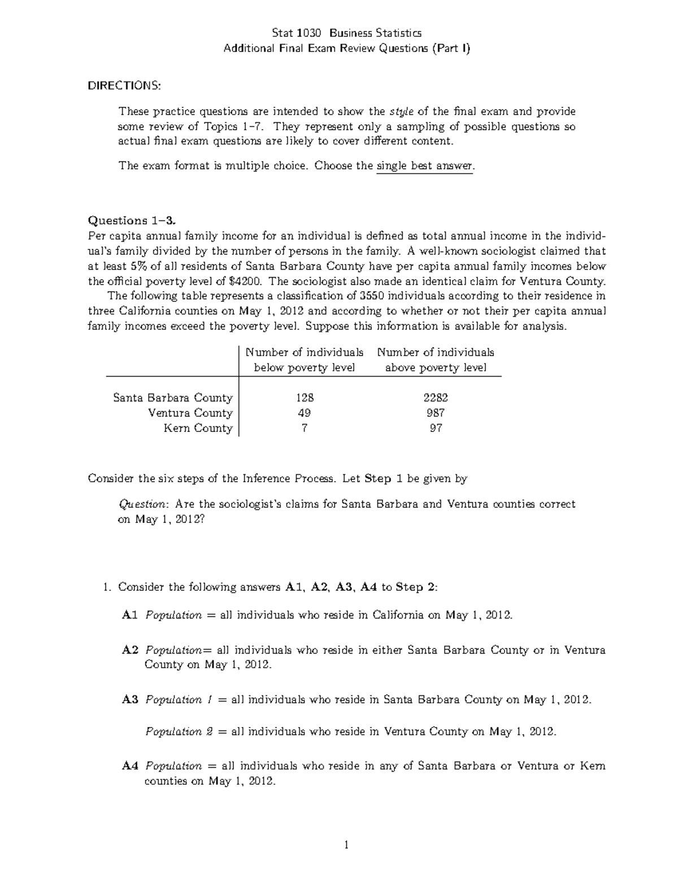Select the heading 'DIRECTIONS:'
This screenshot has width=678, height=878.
pyautogui.click(x=124, y=85)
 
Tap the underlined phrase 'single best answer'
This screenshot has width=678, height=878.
pyautogui.click(x=424, y=166)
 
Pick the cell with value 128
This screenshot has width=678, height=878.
pyautogui.click(x=304, y=398)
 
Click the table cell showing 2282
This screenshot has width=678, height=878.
pyautogui.click(x=436, y=398)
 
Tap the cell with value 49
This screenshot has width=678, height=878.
pyautogui.click(x=304, y=413)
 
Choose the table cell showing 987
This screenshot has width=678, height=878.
pyautogui.click(x=436, y=413)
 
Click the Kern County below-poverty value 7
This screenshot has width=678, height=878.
pyautogui.click(x=305, y=429)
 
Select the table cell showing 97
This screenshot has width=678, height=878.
pyautogui.click(x=436, y=429)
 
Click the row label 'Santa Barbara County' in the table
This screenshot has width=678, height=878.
pyautogui.click(x=173, y=398)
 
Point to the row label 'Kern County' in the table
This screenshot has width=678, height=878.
pyautogui.click(x=198, y=429)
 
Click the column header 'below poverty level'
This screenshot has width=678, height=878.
pyautogui.click(x=304, y=368)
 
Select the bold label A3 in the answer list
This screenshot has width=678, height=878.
pyautogui.click(x=130, y=700)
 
